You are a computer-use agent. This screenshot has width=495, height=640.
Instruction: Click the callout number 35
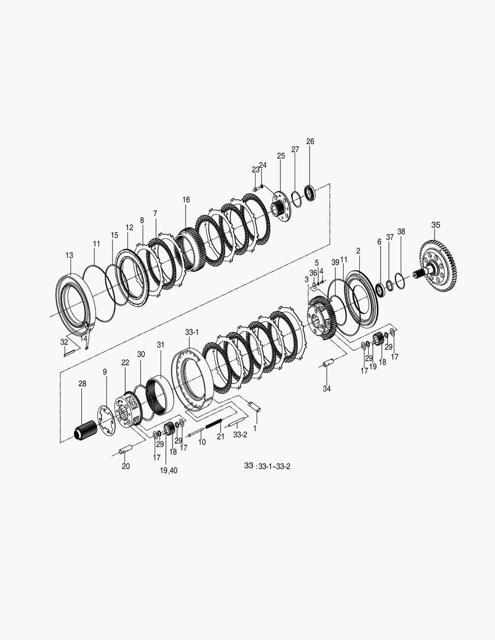435,225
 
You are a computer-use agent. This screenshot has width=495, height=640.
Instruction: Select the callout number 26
310,142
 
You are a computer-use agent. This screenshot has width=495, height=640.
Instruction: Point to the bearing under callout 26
311,193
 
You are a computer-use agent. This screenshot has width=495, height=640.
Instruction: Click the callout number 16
186,200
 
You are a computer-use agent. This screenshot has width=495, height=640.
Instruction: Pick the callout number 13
69,255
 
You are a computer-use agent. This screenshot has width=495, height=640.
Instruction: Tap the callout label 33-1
191,332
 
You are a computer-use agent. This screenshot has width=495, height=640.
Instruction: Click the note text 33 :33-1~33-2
267,466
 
